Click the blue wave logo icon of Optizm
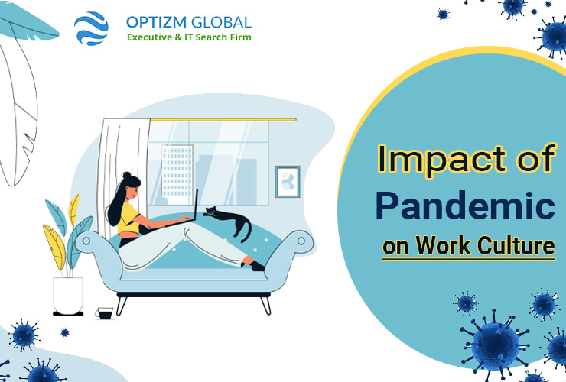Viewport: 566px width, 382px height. (91, 28)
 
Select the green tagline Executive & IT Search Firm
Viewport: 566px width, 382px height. (188, 37)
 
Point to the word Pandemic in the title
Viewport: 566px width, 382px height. (465, 207)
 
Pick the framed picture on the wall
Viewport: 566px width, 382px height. (287, 182)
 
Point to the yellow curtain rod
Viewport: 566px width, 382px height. (222, 119)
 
